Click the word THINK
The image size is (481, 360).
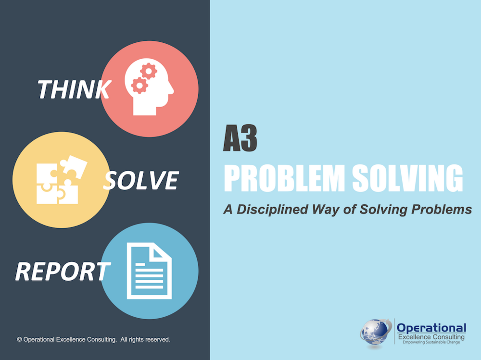(74, 89)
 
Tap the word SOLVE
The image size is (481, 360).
(141, 180)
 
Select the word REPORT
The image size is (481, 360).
(63, 272)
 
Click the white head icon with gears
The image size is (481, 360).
(149, 87)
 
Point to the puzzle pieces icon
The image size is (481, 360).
(62, 180)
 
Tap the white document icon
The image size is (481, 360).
(150, 271)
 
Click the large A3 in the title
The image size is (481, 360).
(240, 138)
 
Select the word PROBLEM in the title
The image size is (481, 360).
(284, 178)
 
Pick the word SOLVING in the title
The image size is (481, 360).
(407, 178)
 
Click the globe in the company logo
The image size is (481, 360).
(375, 333)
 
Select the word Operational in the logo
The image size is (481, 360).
(431, 328)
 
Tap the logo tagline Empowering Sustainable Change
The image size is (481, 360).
(431, 342)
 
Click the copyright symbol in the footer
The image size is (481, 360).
(19, 339)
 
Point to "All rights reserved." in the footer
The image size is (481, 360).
(145, 339)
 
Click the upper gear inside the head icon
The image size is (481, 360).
(149, 72)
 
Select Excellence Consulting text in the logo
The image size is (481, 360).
(431, 337)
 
